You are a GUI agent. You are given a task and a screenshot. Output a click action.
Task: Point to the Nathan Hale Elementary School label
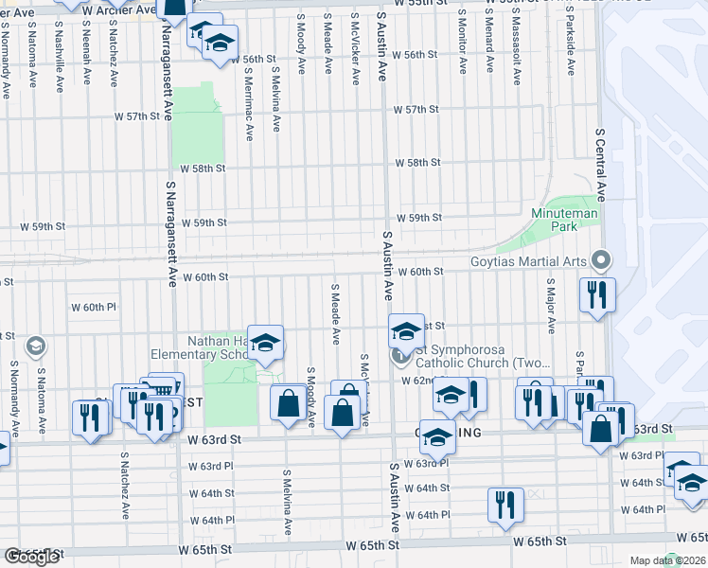200,347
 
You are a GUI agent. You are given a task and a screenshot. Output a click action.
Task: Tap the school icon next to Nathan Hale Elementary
266,342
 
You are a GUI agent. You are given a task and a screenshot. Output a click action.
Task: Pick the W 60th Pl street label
93,308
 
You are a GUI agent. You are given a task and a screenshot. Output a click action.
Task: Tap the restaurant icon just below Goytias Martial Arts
597,293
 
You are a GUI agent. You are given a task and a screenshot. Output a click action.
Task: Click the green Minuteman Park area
568,206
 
